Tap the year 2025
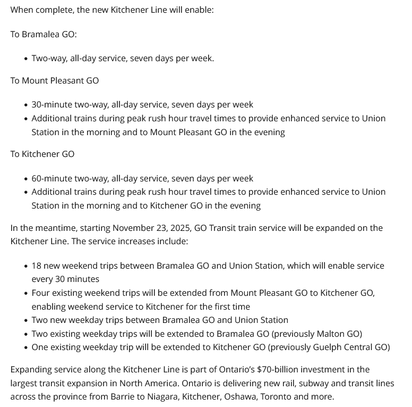coord(179,228)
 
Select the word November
coord(135,228)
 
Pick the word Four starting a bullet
coord(41,293)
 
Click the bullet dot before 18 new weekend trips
coord(26,266)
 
